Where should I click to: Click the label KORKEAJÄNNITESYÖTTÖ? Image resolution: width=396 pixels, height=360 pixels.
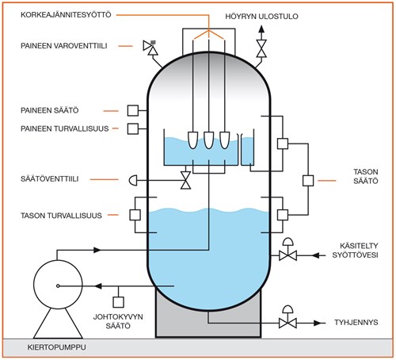click(66, 14)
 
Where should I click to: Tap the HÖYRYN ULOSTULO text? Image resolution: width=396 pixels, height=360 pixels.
click(261, 17)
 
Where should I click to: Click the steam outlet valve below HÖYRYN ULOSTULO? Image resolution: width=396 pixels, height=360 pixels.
click(261, 48)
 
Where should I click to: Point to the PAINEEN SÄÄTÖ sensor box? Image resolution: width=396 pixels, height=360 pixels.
click(133, 110)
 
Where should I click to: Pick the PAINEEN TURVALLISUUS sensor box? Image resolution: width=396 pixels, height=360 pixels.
click(133, 128)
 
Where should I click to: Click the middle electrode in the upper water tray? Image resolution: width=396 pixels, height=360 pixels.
click(208, 140)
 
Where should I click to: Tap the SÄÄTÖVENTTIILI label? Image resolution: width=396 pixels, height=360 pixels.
click(50, 179)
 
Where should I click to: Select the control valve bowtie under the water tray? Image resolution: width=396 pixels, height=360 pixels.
click(185, 180)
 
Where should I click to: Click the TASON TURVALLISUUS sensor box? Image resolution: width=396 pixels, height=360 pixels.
click(135, 215)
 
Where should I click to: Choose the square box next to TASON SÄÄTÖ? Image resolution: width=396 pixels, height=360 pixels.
click(308, 181)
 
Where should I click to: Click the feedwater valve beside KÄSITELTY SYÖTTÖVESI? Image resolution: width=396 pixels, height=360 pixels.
click(287, 256)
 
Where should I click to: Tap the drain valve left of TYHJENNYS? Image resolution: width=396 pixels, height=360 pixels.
click(287, 323)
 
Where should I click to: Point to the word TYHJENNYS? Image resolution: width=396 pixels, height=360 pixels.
click(356, 323)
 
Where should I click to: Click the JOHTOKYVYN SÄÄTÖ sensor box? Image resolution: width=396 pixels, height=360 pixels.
click(118, 302)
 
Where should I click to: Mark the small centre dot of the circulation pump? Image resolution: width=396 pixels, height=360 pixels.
click(58, 285)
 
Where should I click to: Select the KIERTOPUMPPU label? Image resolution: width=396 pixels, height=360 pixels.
click(56, 347)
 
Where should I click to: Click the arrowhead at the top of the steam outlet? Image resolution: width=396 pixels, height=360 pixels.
click(261, 29)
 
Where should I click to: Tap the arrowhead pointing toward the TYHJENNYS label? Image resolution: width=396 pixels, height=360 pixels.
click(318, 323)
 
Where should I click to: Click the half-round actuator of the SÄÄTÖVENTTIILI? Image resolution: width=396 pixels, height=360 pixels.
click(134, 181)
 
